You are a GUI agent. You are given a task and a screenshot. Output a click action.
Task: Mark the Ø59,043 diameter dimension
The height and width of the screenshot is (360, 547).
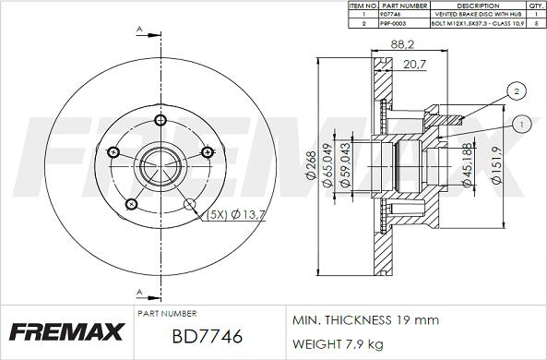click(344, 167)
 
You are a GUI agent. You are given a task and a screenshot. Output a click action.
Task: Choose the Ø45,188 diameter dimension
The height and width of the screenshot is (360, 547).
click(470, 165)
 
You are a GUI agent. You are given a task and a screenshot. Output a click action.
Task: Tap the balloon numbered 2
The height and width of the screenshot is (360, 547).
click(518, 90)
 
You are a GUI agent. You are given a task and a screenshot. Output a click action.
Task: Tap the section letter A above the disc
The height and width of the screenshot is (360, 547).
click(138, 29)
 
